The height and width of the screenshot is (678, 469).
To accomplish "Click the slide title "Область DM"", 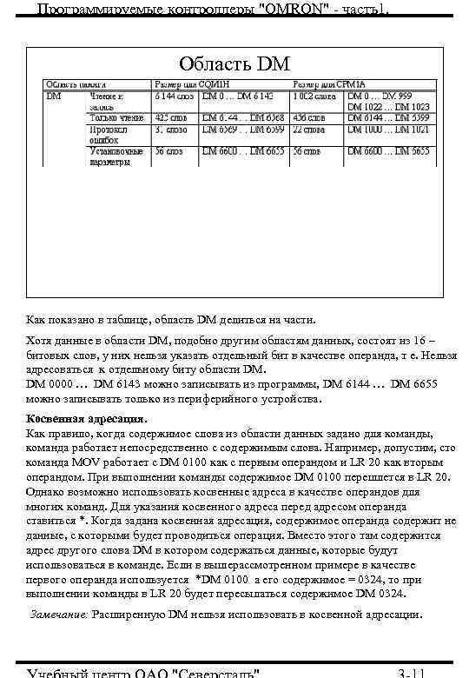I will coord(234,63).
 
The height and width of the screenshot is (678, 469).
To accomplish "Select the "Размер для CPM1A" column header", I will coord(328,83).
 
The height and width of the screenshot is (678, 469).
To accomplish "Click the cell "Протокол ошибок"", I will coord(108,134).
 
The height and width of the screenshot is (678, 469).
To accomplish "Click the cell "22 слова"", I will coord(309,129).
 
